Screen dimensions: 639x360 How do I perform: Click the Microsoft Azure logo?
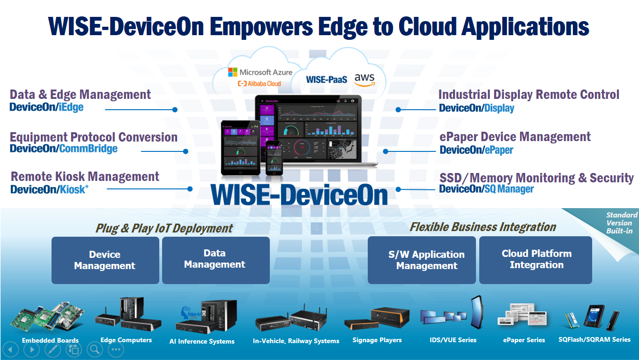point(260,72)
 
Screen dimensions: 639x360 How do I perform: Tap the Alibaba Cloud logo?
point(260,83)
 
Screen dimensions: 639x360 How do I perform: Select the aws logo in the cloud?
point(364,80)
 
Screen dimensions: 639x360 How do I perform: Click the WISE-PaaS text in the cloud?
point(327,79)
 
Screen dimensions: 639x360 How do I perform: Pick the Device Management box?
point(105,260)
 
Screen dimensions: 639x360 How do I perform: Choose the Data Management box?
point(216,260)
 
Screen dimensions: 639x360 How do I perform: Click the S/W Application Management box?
point(422,260)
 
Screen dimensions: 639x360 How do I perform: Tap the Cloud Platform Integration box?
point(535,260)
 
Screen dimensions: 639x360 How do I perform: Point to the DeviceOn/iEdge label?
point(46,107)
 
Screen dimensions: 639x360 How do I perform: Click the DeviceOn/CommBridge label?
point(64,149)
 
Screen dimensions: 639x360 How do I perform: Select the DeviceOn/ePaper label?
point(476,150)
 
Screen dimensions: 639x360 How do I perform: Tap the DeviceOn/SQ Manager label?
point(486,189)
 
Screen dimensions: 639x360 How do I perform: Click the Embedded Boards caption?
point(50,340)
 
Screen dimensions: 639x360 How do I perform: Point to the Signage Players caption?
point(377,340)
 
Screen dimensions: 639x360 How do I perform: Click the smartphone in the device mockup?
point(274,158)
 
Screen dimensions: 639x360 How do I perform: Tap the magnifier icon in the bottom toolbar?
point(95,349)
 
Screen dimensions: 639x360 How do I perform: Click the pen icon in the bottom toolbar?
point(53,349)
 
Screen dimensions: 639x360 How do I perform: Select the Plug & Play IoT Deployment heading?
point(164,228)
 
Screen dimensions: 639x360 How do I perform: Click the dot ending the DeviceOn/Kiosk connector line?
point(190,189)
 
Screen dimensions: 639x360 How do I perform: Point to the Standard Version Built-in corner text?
point(621,223)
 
